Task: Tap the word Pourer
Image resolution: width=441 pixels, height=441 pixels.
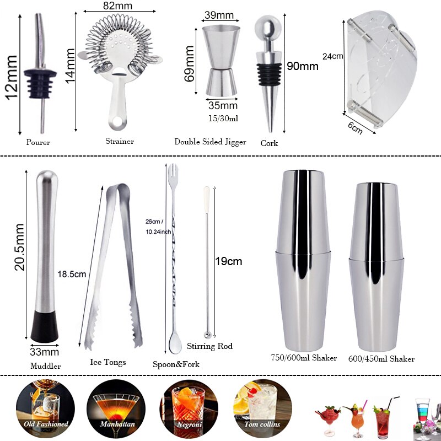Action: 38,142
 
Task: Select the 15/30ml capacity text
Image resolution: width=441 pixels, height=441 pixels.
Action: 223,119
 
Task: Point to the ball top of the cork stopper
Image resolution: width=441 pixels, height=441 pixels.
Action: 266,28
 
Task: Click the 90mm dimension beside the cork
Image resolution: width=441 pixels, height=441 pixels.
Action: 303,67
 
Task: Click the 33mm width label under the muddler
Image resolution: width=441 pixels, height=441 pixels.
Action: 44,351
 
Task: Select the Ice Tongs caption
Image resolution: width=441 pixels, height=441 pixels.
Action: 107,362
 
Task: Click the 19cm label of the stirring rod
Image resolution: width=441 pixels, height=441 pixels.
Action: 228,261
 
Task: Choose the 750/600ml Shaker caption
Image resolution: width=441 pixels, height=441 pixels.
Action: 303,358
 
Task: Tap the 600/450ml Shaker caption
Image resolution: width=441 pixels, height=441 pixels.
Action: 381,359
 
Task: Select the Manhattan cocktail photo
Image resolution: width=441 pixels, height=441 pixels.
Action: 115,408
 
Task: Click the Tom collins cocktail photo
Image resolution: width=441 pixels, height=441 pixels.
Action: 262,408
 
